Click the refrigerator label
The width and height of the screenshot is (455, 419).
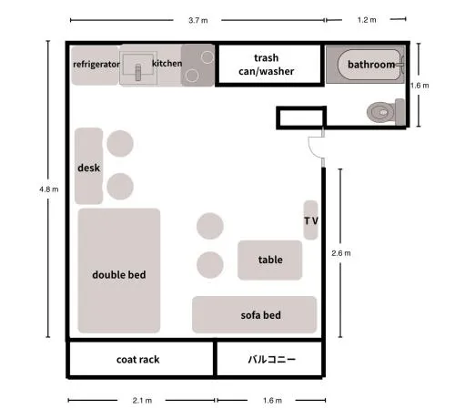pyautogui.click(x=96, y=65)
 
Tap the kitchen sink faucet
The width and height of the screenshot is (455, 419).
pyautogui.click(x=138, y=72)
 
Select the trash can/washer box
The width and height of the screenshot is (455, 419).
pyautogui.click(x=269, y=65)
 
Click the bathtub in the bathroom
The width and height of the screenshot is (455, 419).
pyautogui.click(x=370, y=65)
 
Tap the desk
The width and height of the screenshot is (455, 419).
pyautogui.click(x=89, y=166)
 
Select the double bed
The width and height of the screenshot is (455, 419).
pyautogui.click(x=119, y=271)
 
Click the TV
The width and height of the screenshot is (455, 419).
pyautogui.click(x=310, y=220)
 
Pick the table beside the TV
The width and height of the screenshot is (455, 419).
pyautogui.click(x=269, y=261)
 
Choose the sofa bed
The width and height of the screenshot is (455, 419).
pyautogui.click(x=254, y=314)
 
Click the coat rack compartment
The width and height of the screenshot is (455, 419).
pyautogui.click(x=141, y=359)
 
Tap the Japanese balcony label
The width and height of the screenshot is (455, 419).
pyautogui.click(x=272, y=360)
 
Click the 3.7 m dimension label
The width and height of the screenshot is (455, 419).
pyautogui.click(x=198, y=20)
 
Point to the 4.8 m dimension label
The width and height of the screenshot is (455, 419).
pyautogui.click(x=48, y=189)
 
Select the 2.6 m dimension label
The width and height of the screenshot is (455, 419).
pyautogui.click(x=341, y=253)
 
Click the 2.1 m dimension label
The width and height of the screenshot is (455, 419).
pyautogui.click(x=142, y=401)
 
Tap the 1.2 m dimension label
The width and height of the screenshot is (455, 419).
pyautogui.click(x=367, y=20)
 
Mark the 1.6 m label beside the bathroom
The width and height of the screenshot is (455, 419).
pyautogui.click(x=420, y=86)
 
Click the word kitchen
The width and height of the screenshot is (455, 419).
pyautogui.click(x=167, y=64)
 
